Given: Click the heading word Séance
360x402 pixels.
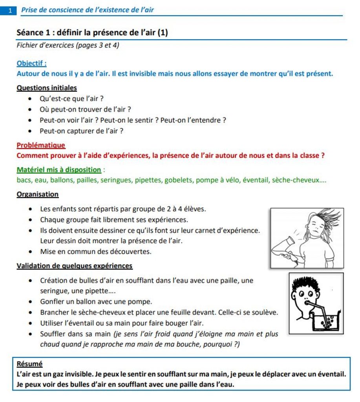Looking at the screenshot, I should coord(30,33).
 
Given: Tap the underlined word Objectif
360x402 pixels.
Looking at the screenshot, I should coord(31,63).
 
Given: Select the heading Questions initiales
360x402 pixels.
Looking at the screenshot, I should coord(47,88).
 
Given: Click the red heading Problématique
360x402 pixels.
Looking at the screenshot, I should coord(41,145).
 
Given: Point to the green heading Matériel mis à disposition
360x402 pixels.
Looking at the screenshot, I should coord(59,170).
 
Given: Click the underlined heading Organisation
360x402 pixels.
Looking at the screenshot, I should coord(38,194).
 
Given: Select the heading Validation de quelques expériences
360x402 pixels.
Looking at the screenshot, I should coord(75,266).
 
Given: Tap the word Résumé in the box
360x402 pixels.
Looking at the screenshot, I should coord(30,364).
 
